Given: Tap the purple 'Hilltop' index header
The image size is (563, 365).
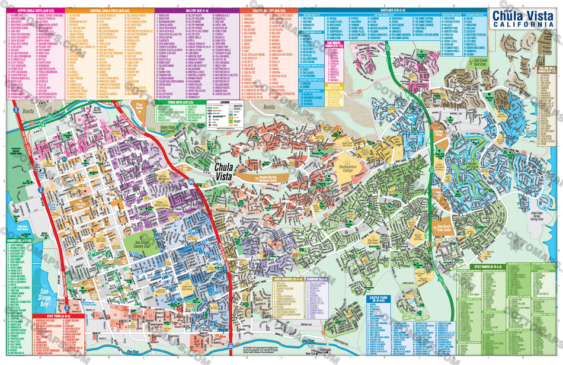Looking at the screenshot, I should [x=196, y=11].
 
